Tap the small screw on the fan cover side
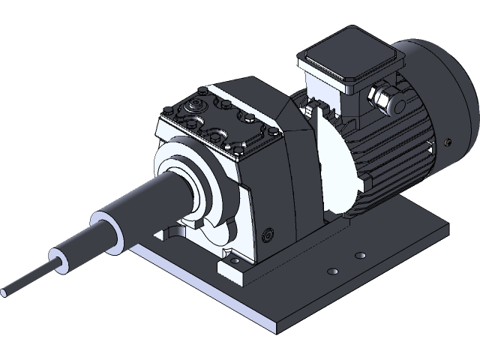[448, 141]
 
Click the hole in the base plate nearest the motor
[361, 253]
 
